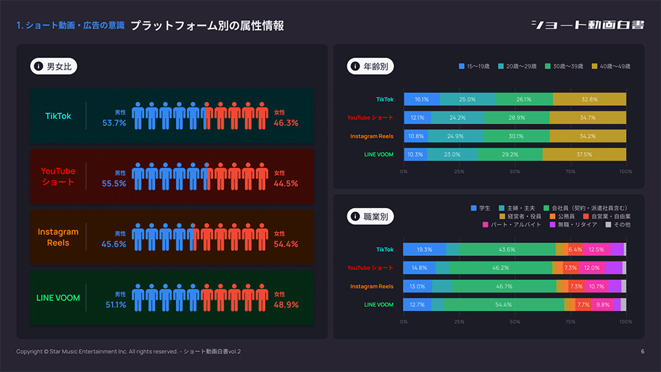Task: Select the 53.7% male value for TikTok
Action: (x=114, y=123)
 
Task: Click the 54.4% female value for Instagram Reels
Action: (x=286, y=244)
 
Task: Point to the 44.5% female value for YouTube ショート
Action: (x=286, y=184)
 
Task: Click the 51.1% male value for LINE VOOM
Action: (x=114, y=305)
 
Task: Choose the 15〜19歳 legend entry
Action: (x=478, y=66)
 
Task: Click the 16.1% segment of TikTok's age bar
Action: (x=422, y=99)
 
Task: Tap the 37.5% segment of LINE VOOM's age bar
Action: (x=584, y=155)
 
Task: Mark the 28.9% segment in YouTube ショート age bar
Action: (x=516, y=117)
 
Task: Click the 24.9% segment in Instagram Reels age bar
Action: (x=455, y=136)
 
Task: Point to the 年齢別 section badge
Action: (x=371, y=66)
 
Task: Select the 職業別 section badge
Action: (x=371, y=217)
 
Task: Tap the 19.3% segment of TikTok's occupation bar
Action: (x=424, y=249)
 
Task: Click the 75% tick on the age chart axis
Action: (x=570, y=171)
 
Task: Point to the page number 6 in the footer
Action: (x=642, y=352)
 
